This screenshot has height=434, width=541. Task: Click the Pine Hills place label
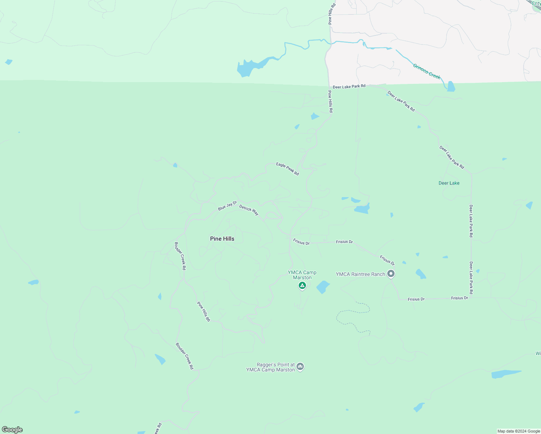222,239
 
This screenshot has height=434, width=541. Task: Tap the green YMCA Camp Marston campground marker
302,286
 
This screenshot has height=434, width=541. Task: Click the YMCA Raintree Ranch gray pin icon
391,274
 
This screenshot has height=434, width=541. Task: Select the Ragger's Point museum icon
300,367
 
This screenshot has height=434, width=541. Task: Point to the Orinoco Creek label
427,72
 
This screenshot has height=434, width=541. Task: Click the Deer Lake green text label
449,183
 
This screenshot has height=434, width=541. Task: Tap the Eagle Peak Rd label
287,169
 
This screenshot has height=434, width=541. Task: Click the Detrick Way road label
249,210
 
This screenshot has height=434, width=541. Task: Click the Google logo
12,430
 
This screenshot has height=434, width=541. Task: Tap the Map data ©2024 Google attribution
519,431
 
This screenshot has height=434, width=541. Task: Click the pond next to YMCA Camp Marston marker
323,287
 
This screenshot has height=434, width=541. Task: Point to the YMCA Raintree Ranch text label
360,274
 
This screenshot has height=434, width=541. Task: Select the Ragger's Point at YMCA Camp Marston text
270,367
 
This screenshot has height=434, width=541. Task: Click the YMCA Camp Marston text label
302,275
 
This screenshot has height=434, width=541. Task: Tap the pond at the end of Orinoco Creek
451,86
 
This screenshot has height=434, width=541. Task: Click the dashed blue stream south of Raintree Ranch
353,311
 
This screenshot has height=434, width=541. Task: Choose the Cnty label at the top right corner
536,3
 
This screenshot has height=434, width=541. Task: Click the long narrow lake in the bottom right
506,374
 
